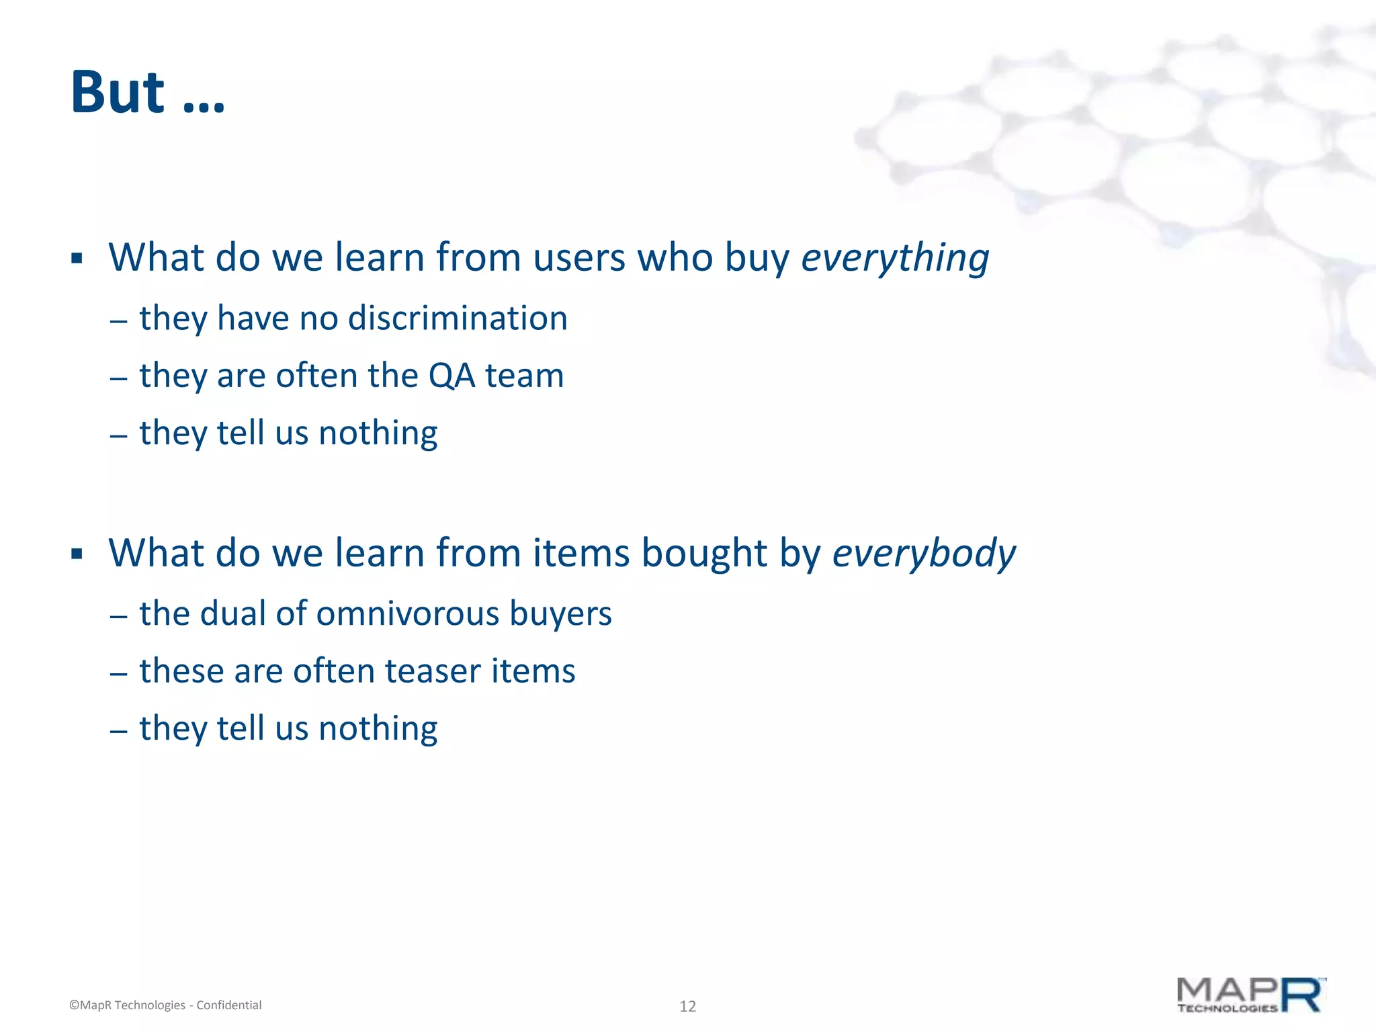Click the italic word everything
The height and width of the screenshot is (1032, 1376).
click(x=895, y=258)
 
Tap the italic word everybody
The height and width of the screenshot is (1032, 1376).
click(x=924, y=554)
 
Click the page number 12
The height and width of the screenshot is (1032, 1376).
click(x=687, y=1006)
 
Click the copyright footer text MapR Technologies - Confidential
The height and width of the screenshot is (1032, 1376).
click(x=165, y=1005)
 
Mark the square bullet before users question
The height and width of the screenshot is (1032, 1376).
click(x=77, y=259)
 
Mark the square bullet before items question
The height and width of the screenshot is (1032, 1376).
click(x=77, y=554)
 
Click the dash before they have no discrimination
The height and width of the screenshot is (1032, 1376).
click(x=118, y=320)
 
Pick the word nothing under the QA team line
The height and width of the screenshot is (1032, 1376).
click(x=378, y=433)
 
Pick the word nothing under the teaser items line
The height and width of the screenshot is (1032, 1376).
click(x=378, y=729)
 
